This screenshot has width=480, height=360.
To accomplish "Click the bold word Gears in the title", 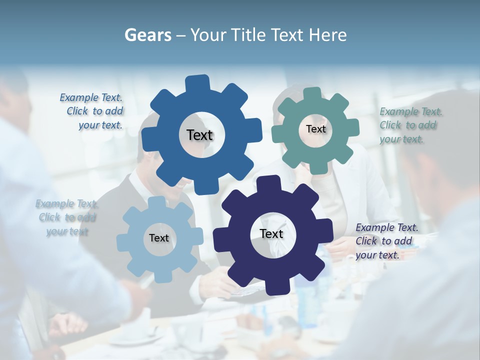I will click(x=148, y=35).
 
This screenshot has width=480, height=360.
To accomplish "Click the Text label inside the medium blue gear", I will click(x=200, y=135).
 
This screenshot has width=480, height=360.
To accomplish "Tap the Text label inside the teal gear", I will click(x=315, y=129).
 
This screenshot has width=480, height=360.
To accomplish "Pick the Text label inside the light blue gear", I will click(x=159, y=238).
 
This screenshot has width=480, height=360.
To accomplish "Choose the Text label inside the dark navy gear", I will click(x=271, y=233).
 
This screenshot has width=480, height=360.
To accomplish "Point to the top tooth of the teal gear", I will click(x=312, y=93).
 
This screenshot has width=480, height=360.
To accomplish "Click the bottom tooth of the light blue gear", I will click(x=161, y=276).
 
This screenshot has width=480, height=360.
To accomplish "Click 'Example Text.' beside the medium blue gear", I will click(x=91, y=98).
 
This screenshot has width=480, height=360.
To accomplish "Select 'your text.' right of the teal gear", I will click(x=401, y=139).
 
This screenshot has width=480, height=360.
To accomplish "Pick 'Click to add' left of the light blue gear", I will click(x=67, y=217).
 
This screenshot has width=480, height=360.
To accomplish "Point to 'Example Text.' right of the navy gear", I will click(x=387, y=227).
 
